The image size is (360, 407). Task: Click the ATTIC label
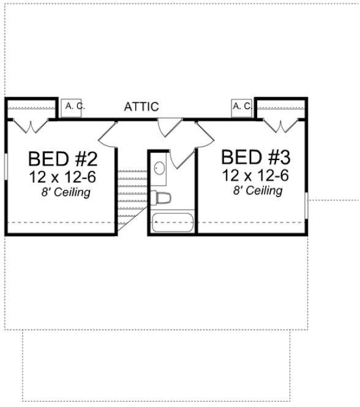click(141, 107)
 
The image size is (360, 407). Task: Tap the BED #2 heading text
click(62, 159)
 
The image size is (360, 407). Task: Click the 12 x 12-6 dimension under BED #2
click(62, 178)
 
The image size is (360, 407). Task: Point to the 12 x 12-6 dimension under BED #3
click(255, 175)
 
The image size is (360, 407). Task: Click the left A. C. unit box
click(74, 107)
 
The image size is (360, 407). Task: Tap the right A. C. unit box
click(242, 106)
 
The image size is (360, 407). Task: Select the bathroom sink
click(159, 167)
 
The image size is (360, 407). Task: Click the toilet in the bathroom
click(162, 198)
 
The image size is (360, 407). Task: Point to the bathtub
click(172, 221)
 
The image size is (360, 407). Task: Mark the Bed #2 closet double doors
click(28, 127)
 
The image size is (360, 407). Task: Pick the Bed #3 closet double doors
click(281, 126)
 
